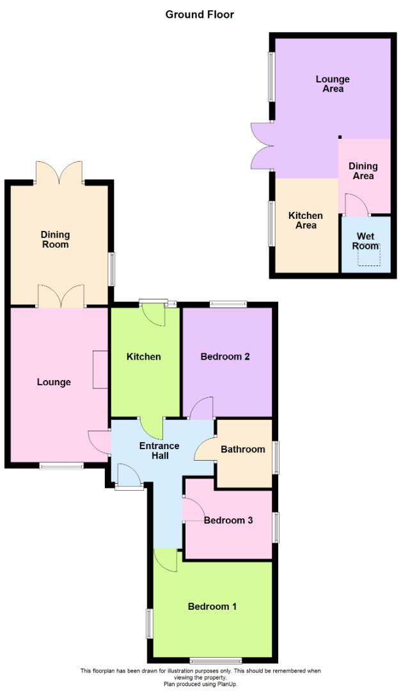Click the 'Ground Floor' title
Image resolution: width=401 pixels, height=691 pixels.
tap(200, 14)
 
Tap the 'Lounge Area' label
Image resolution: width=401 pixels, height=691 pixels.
tap(333, 84)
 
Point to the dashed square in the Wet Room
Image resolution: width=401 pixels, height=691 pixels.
tap(368, 255)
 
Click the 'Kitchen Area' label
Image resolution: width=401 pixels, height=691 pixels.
tap(305, 220)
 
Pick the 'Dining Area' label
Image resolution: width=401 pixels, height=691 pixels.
tap(363, 171)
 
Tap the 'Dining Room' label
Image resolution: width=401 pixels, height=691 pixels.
tap(55, 239)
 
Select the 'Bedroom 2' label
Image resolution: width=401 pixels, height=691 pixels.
tap(225, 356)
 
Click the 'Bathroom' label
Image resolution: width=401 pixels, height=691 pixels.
tap(243, 449)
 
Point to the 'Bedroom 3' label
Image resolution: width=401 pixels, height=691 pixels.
tap(228, 520)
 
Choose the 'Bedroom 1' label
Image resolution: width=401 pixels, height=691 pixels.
tap(212, 606)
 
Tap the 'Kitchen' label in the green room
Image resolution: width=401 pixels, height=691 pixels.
tap(144, 356)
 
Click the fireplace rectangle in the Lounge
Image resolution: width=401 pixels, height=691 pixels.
tap(100, 369)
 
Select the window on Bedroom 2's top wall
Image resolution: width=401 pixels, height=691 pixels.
tap(228, 304)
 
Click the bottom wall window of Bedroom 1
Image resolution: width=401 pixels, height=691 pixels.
tap(216, 660)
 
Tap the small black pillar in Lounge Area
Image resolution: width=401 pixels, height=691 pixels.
tap(340, 136)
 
